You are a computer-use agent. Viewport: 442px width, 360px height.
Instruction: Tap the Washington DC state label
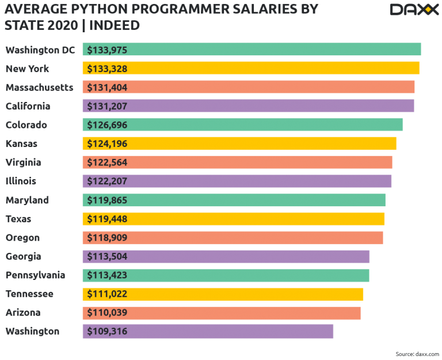click(x=40, y=50)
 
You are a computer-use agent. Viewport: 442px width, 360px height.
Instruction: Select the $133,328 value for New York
click(x=107, y=69)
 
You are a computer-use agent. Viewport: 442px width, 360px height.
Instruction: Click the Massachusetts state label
click(x=40, y=88)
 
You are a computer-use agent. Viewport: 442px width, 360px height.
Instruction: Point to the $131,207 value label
click(x=107, y=106)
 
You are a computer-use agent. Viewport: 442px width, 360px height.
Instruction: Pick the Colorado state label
click(x=26, y=125)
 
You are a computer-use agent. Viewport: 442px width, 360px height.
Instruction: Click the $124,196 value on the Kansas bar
click(x=107, y=143)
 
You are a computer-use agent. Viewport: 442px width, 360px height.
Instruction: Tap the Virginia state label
click(x=24, y=162)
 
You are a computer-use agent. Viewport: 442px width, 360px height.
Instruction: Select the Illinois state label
click(x=21, y=181)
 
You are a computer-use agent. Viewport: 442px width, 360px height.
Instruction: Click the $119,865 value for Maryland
click(x=107, y=200)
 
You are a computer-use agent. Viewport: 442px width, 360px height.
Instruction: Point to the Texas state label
click(x=18, y=219)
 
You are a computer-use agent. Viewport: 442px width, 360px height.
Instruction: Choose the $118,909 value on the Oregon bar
click(x=107, y=237)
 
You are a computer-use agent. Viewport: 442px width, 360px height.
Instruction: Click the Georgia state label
click(x=24, y=256)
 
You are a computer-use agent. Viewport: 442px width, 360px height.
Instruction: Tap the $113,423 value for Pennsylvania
click(x=107, y=275)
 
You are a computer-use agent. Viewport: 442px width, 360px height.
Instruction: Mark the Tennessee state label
click(x=29, y=294)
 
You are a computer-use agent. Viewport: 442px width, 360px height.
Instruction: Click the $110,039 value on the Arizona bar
click(x=107, y=313)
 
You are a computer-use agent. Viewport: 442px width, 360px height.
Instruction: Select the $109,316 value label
click(x=107, y=331)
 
